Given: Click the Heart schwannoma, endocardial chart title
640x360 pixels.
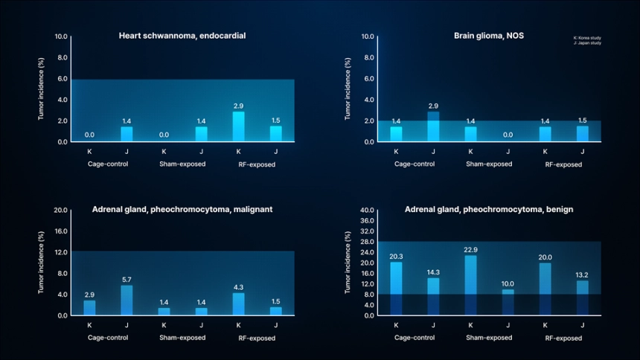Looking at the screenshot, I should click(x=182, y=36).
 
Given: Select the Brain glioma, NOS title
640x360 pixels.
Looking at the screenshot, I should click(x=489, y=36).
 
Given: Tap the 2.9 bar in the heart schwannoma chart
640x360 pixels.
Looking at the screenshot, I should click(x=238, y=126).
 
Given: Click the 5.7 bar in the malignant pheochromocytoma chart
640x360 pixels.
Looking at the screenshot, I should click(x=127, y=300).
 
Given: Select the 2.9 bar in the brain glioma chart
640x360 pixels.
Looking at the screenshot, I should click(x=433, y=126).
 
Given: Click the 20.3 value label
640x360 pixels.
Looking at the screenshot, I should click(x=396, y=257).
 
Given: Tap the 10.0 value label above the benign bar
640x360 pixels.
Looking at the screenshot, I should click(x=507, y=283).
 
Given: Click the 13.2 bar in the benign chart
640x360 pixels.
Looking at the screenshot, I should click(x=582, y=298).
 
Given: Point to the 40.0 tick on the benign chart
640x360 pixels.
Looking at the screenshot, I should click(x=366, y=210).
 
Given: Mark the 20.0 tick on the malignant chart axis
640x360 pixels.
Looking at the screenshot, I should click(x=61, y=210).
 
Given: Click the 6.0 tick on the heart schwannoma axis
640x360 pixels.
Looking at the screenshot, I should click(x=63, y=78).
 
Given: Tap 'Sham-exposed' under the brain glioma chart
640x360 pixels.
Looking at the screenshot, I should click(x=489, y=164).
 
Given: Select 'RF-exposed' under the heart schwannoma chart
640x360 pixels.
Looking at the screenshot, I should click(x=257, y=164).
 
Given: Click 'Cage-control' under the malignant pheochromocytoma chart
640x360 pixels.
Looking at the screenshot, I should click(x=108, y=338).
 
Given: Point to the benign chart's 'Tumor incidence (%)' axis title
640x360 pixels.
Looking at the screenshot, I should click(x=348, y=262).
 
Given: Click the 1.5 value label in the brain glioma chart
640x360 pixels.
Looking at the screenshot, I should click(x=582, y=120).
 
